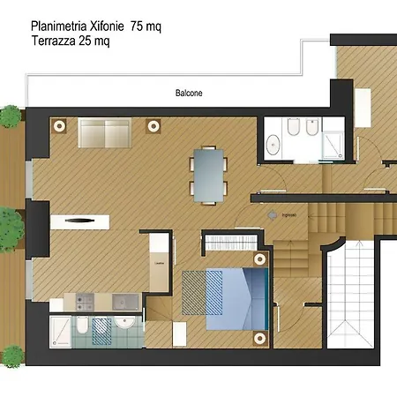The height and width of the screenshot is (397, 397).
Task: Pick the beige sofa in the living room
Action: (105, 133)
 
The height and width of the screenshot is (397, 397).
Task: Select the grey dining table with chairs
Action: (209, 173)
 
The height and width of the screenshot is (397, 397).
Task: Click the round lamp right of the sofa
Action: (153, 125)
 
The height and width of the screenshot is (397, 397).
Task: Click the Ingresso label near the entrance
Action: (288, 215)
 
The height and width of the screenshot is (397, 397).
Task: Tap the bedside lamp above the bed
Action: (259, 258)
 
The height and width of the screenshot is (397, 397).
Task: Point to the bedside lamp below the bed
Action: (259, 336)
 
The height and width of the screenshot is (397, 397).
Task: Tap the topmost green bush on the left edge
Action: (10, 115)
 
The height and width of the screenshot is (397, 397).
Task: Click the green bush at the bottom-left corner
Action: (11, 356)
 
